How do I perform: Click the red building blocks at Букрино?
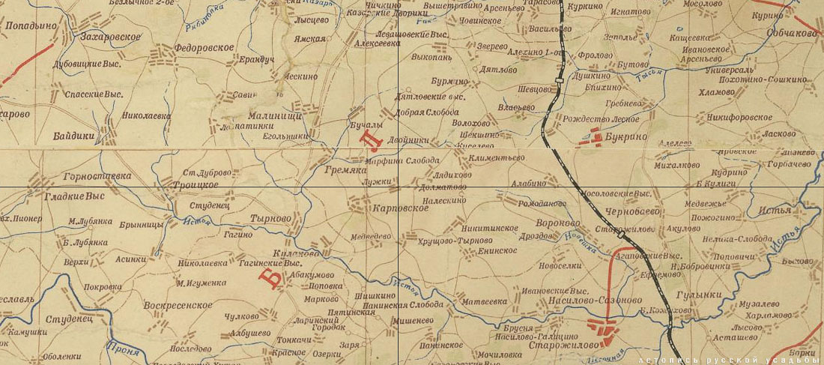pyautogui.click(x=596, y=136)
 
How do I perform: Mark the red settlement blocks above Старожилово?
pyautogui.click(x=604, y=327)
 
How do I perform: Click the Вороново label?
pyautogui.click(x=560, y=223)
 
